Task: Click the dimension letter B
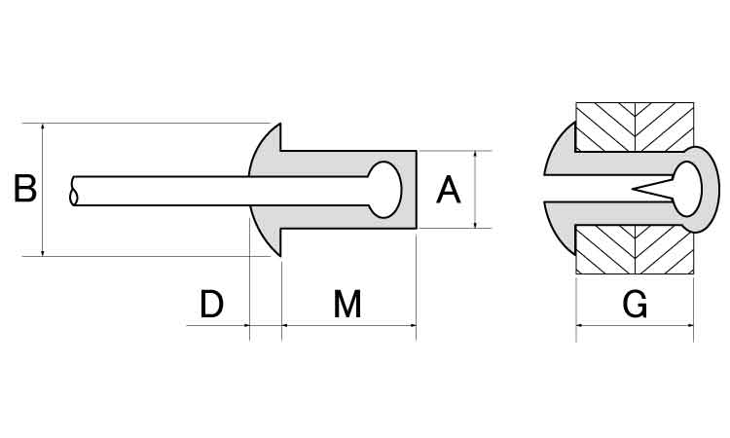[25, 189]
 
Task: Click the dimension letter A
[449, 190]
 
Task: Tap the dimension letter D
[212, 304]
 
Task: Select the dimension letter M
[347, 304]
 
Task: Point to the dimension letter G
[635, 304]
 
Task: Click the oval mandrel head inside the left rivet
[384, 190]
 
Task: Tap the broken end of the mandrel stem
[73, 191]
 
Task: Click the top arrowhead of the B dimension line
[43, 127]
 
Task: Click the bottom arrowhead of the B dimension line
[43, 252]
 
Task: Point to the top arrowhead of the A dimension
[475, 154]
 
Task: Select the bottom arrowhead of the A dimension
[475, 224]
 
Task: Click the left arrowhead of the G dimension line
[580, 325]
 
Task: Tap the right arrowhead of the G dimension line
[689, 325]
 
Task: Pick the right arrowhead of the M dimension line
[412, 325]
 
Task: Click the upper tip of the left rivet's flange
[279, 124]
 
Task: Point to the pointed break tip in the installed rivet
[634, 189]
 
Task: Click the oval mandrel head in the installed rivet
[687, 189]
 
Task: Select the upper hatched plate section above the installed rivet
[635, 127]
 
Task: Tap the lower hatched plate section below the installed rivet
[635, 250]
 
